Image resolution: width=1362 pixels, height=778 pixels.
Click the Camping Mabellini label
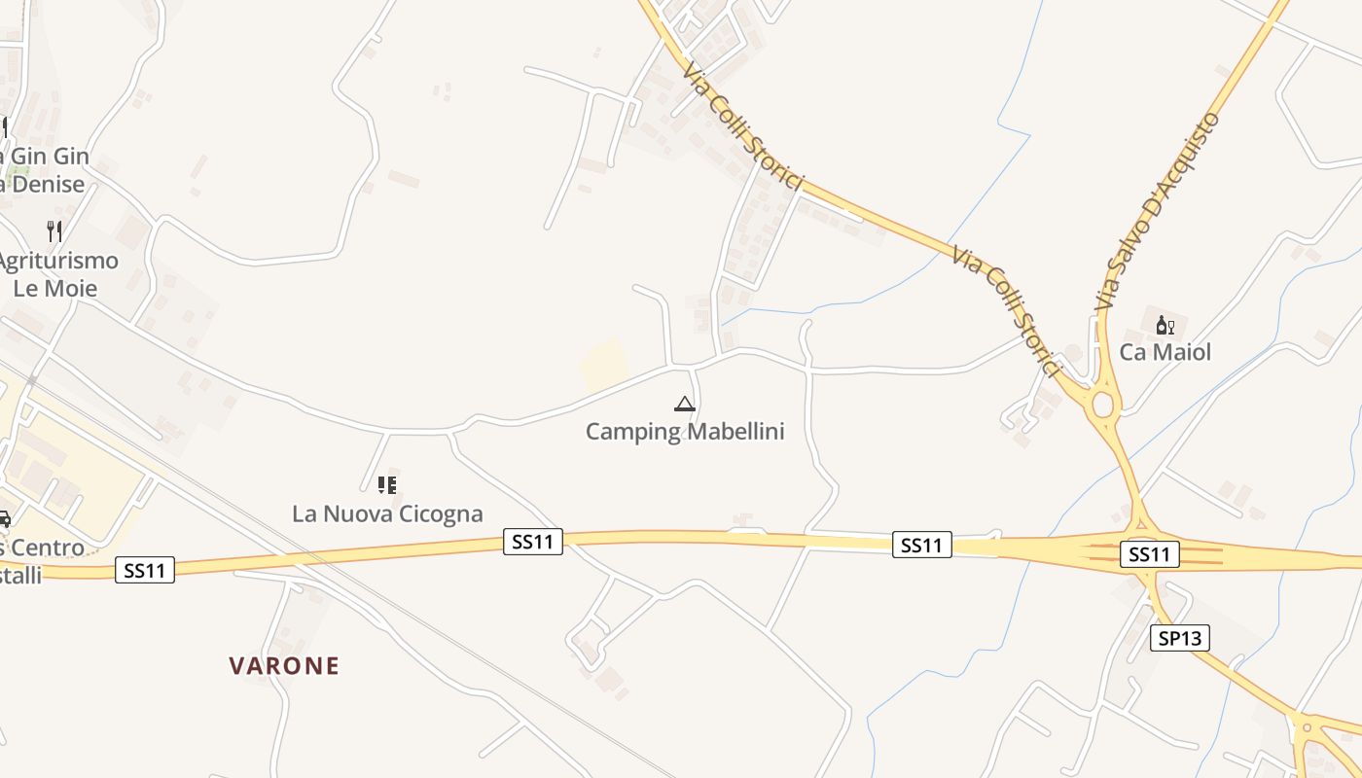[x=685, y=431]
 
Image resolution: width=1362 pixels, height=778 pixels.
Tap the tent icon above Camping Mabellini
[x=684, y=404]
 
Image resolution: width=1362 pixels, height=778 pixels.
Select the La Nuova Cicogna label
[x=387, y=513]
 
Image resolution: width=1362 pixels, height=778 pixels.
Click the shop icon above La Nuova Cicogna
[x=387, y=484]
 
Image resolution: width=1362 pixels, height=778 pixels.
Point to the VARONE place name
[x=284, y=666]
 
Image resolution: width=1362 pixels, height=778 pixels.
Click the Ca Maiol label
[x=1165, y=352]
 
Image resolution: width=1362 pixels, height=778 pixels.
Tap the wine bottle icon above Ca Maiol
[x=1165, y=325]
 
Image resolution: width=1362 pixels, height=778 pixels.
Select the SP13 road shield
[x=1180, y=638]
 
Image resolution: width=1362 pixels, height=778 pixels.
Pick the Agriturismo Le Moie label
[x=56, y=274]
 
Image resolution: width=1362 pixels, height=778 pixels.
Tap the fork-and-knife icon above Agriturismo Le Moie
[x=54, y=231]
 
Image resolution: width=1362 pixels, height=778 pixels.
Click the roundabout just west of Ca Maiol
[x=1103, y=403]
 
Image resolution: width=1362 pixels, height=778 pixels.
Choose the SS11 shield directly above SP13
[x=1150, y=554]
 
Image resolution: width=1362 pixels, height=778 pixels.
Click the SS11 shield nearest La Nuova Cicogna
[x=533, y=542]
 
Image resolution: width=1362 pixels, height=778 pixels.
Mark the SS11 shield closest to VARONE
[x=145, y=570]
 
